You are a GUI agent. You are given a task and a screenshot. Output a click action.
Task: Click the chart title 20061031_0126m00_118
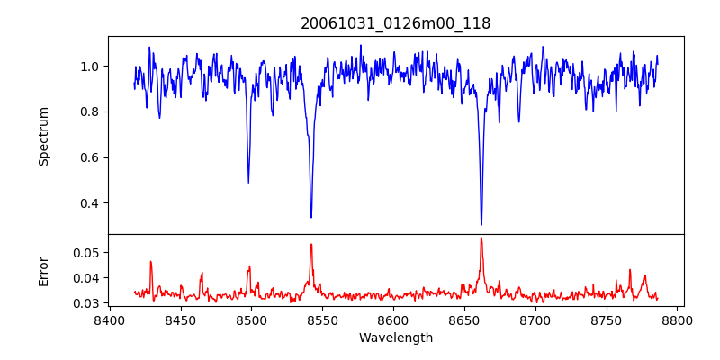[395, 23]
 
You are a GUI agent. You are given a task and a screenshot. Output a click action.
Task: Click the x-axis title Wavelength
[395, 338]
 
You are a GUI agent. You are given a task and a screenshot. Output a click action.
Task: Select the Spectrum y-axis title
[43, 136]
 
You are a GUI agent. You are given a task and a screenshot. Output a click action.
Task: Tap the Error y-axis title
[43, 271]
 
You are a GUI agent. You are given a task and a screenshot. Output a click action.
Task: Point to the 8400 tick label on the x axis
[109, 319]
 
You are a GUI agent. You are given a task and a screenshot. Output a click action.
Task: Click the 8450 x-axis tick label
[180, 319]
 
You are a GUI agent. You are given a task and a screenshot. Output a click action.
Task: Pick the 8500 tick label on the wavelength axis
[251, 319]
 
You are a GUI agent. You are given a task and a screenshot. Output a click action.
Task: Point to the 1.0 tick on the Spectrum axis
[91, 67]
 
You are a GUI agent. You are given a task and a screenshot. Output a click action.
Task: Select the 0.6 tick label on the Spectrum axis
[91, 157]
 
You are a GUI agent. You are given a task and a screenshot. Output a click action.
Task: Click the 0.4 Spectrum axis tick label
[91, 203]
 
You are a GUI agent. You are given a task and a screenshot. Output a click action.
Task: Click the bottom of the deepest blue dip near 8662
[481, 224]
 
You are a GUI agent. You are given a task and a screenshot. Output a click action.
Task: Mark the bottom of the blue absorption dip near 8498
[248, 183]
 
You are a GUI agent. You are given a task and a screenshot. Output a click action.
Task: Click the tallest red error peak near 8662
[481, 238]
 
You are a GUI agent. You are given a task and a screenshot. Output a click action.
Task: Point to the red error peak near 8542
[311, 244]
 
